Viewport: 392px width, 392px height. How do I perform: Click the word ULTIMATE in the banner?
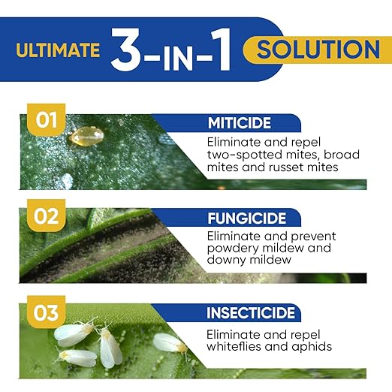coord(58,50)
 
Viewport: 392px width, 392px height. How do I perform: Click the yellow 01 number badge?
coord(47,119)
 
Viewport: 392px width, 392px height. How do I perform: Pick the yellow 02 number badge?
coord(47,216)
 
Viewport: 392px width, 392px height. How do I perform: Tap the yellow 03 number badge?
coord(47,312)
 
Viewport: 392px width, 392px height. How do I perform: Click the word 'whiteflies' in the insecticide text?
coord(234,347)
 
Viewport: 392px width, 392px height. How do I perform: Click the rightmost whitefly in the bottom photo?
coord(169,342)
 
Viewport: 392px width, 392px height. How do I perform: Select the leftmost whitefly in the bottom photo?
coord(74,333)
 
